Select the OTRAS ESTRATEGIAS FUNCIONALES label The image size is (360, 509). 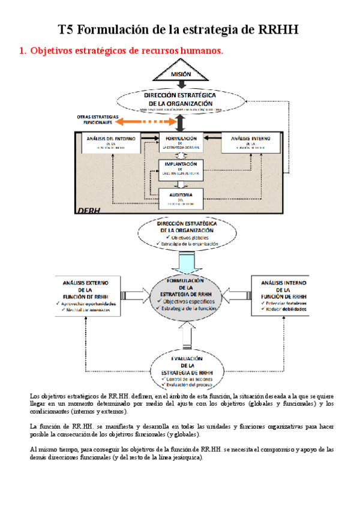tap(98, 119)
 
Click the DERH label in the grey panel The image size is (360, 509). tap(89, 209)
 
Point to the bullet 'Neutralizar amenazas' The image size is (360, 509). tap(90, 310)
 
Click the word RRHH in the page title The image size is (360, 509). tap(278, 29)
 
